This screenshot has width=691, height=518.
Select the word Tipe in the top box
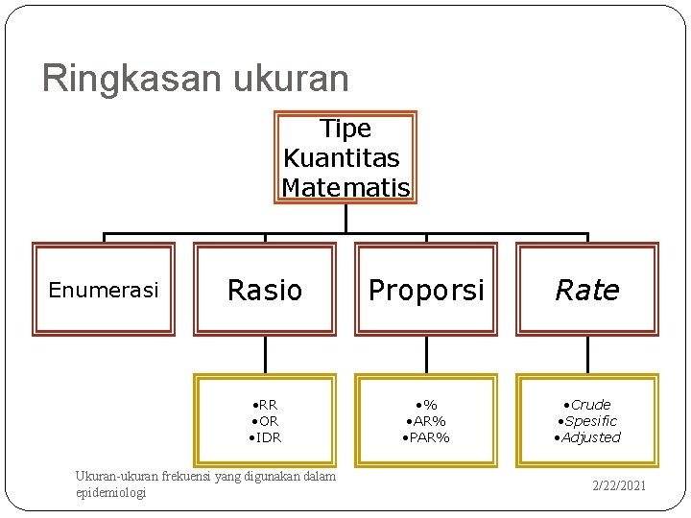coord(345,129)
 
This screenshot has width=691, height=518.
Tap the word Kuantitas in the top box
coord(342,157)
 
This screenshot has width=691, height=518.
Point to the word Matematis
coord(345,187)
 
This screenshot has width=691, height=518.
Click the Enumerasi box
coord(104,290)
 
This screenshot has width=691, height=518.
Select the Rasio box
coord(265,290)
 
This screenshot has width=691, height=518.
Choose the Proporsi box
coord(426,290)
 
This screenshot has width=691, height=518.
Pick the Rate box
coord(587,290)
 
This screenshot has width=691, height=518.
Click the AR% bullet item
coord(426,421)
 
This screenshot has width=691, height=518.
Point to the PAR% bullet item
coord(426,437)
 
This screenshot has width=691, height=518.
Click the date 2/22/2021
coord(619,485)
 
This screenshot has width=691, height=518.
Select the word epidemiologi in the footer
coord(110,492)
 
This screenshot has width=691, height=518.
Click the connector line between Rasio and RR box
coord(265,355)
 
